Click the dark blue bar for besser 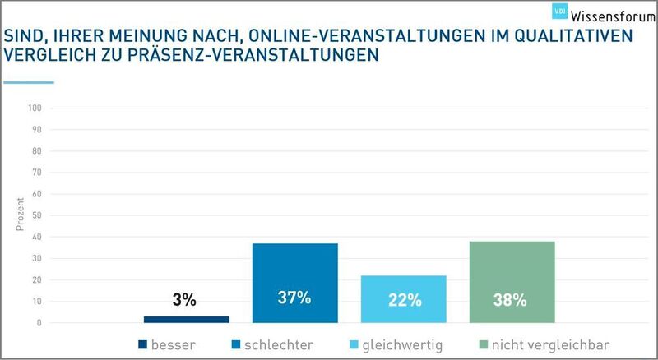(187, 319)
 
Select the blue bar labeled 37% (294, 283)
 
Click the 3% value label (184, 300)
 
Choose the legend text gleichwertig (402, 345)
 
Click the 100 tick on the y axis (35, 108)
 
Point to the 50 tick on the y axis (37, 215)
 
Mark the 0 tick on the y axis (39, 323)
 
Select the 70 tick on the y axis (37, 173)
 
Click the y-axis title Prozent (20, 215)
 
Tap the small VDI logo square (562, 12)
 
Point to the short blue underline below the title (29, 82)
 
